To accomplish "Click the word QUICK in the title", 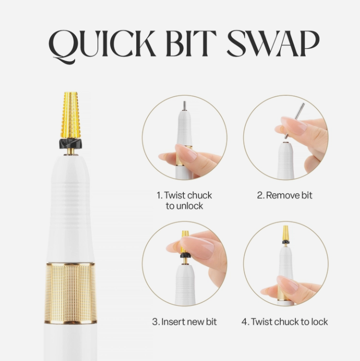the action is coord(101,46).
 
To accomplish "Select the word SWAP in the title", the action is coord(273,43).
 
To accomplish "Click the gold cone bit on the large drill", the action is coord(71,115).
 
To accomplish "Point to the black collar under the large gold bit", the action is coord(71,144).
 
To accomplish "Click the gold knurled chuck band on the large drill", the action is coord(70,293).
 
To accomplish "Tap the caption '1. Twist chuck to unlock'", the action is coord(184,201).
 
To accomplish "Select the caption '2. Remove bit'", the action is coord(285,196).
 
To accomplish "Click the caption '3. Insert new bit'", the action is coord(184,322).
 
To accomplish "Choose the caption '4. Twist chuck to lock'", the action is coord(285,322).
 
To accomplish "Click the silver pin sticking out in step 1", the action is coord(184,106).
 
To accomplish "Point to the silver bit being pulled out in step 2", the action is coord(294,121).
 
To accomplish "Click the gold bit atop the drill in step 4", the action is coord(285,233).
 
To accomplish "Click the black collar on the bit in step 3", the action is coord(185,255).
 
